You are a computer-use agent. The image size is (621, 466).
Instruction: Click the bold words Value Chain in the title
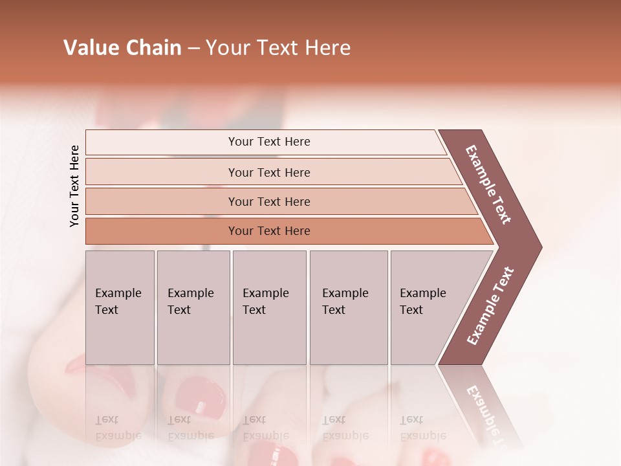[x=122, y=48]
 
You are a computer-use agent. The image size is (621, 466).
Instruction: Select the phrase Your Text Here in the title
[x=278, y=48]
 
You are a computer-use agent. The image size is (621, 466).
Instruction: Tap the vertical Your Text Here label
[x=74, y=186]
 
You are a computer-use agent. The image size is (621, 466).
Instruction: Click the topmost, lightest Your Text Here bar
[x=268, y=142]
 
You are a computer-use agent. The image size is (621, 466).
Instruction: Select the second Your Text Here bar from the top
[x=268, y=172]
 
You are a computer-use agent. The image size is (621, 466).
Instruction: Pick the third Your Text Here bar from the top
[x=268, y=201]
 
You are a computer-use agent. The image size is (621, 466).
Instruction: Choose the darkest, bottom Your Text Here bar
[x=268, y=231]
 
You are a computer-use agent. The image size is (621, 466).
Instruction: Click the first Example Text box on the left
[x=120, y=307]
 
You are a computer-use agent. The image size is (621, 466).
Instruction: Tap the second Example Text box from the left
[x=193, y=307]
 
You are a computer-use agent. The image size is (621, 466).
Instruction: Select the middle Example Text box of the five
[x=269, y=307]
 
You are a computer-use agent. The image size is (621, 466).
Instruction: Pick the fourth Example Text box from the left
[x=349, y=307]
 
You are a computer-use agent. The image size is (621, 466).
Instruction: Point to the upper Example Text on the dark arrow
[x=488, y=184]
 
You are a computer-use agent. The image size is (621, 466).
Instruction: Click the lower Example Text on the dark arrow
[x=490, y=305]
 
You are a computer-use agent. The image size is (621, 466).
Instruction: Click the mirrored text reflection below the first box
[x=118, y=428]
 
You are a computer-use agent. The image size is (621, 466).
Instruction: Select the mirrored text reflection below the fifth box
[x=422, y=428]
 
